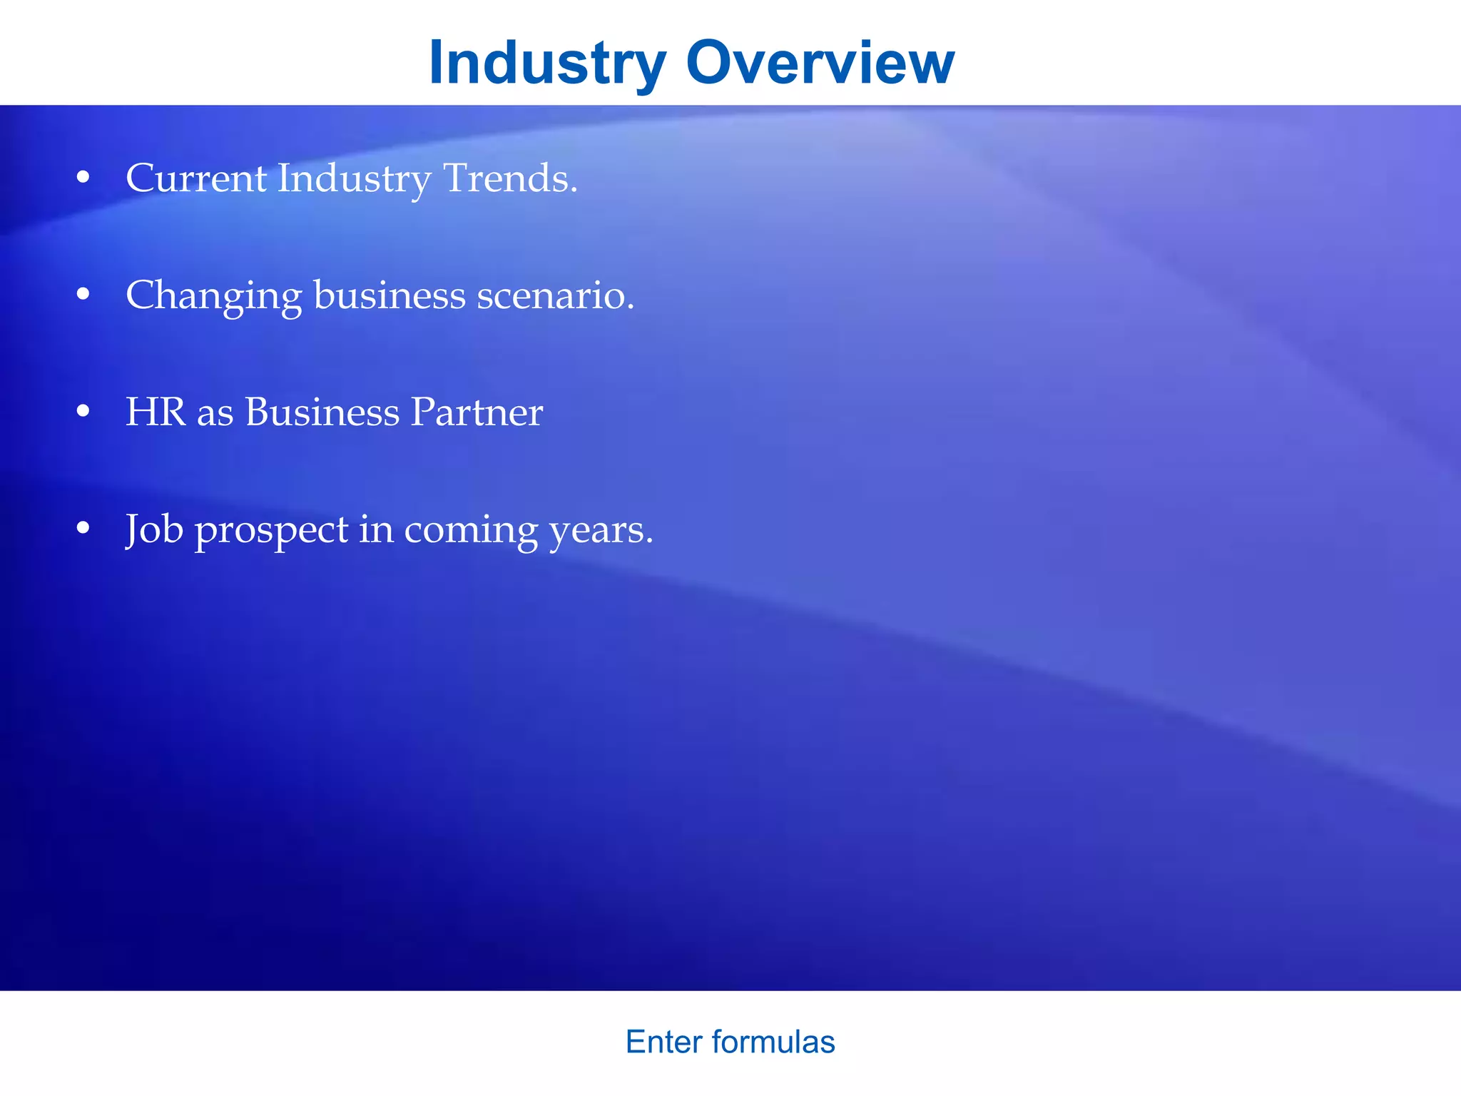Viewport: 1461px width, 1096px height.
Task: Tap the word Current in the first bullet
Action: (x=196, y=178)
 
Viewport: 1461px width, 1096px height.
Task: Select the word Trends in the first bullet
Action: (x=510, y=178)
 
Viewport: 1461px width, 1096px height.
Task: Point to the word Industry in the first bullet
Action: (x=354, y=178)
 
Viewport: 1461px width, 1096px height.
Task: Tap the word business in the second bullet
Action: (x=390, y=295)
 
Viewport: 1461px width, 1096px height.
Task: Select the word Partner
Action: (x=477, y=412)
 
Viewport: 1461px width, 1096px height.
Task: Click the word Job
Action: (x=154, y=529)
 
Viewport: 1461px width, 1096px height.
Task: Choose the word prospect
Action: (x=272, y=530)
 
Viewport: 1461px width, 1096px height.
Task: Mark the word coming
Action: (x=471, y=530)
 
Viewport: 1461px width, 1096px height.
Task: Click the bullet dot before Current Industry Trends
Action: (x=83, y=178)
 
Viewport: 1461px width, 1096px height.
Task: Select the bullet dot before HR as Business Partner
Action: (x=83, y=412)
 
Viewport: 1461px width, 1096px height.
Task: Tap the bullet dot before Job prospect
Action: (x=83, y=529)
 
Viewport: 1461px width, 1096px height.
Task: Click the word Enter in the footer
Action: (x=664, y=1042)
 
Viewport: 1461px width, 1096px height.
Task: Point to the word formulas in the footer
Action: (x=773, y=1042)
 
